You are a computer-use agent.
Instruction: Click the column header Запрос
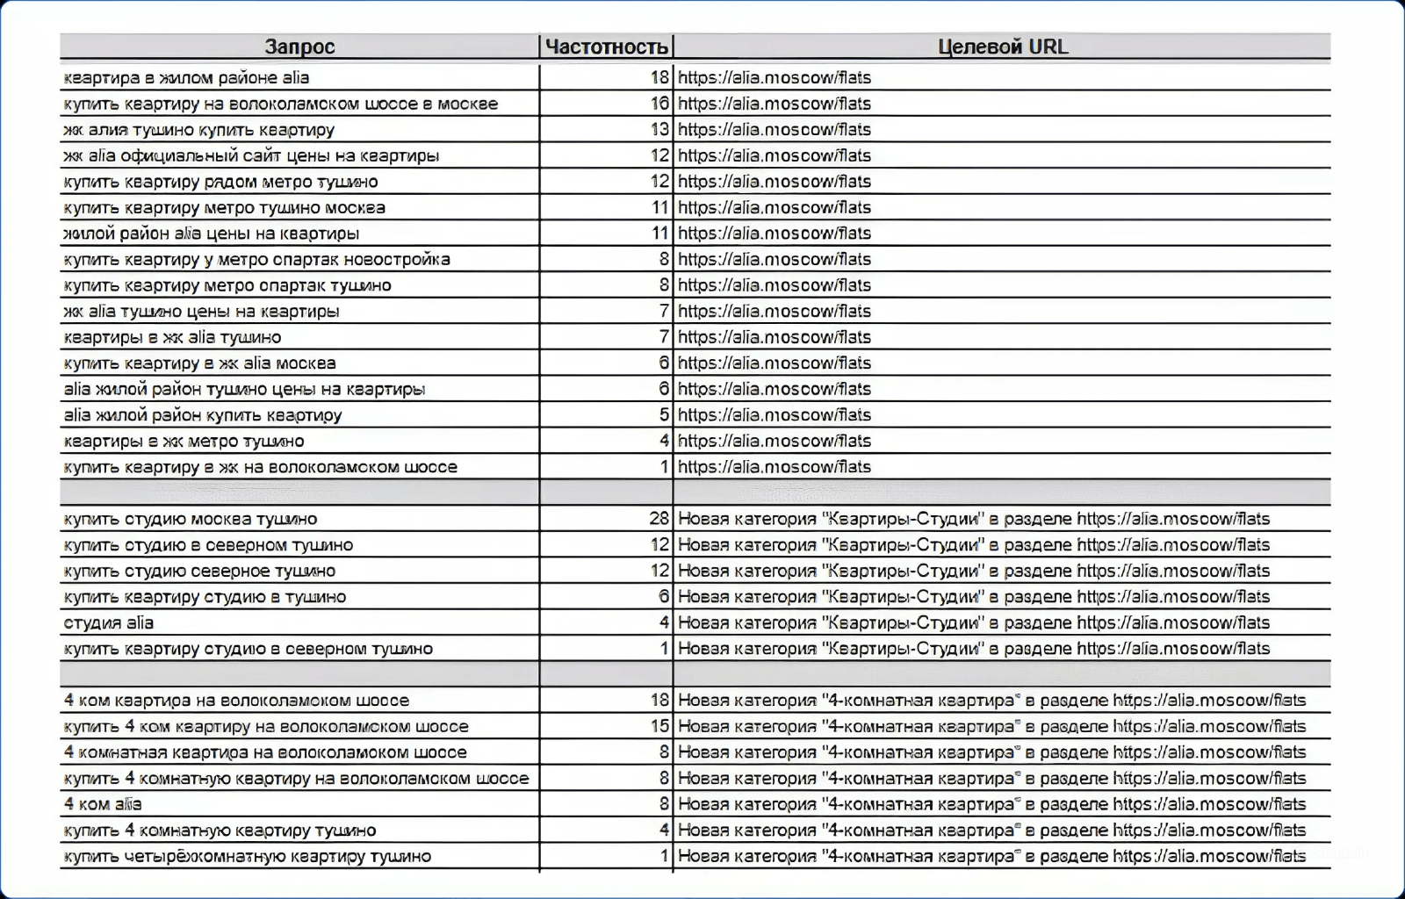(299, 47)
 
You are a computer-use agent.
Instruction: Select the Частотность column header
(606, 47)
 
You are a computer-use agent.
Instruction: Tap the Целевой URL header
(1002, 47)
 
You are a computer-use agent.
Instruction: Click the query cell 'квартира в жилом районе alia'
(186, 77)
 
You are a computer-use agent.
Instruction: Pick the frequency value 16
(659, 104)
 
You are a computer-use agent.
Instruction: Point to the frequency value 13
(659, 130)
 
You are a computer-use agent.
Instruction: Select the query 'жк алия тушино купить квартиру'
(198, 130)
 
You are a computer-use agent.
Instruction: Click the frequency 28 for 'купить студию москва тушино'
(659, 519)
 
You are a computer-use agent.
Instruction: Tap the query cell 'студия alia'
(109, 623)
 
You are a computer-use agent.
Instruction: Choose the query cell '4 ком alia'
(103, 804)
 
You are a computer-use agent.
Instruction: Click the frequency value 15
(659, 727)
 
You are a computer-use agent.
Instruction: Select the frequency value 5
(664, 415)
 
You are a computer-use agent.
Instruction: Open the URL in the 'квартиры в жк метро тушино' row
(775, 441)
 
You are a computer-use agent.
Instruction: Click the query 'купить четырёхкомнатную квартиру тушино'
(247, 856)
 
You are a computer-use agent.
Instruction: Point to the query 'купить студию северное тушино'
(199, 571)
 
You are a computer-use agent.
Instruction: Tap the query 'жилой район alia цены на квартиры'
(211, 234)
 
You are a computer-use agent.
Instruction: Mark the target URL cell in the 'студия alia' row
(974, 623)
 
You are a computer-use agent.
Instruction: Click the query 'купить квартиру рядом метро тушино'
(220, 182)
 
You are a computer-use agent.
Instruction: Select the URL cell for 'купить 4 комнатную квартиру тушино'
(991, 831)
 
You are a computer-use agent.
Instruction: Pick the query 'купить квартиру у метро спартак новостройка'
(256, 260)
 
